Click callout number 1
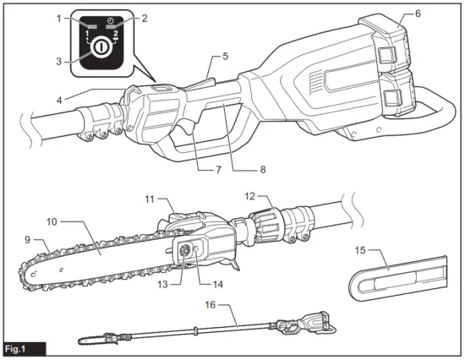pyautogui.click(x=60, y=18)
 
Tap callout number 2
pyautogui.click(x=145, y=18)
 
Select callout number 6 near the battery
pyautogui.click(x=417, y=14)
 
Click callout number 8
pyautogui.click(x=261, y=169)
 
